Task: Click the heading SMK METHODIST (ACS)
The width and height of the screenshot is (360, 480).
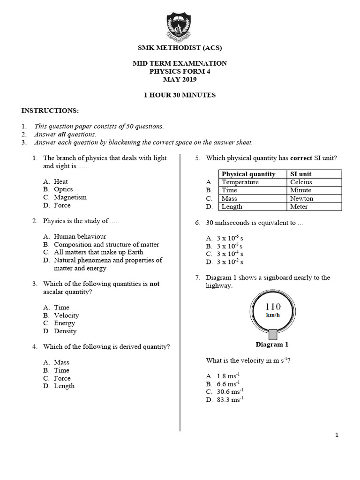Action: pos(180,48)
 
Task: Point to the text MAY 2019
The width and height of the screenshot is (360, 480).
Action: pos(180,79)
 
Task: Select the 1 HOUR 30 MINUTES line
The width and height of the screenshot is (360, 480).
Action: pos(180,95)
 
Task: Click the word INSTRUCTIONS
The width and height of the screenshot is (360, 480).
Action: pos(50,111)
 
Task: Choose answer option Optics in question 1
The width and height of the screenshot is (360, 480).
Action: pos(63,189)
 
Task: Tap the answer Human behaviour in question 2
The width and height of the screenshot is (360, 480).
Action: pos(80,237)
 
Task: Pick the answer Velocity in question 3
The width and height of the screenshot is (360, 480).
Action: pos(66,315)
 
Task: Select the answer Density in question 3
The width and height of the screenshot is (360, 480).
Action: pos(65,331)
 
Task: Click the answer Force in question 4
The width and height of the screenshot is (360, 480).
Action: pos(62,378)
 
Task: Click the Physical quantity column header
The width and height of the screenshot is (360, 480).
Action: pos(248,174)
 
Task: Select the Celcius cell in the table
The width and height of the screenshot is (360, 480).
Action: pos(301,182)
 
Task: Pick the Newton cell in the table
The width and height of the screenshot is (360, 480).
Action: pos(301,198)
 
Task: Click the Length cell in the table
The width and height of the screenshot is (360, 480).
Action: pos(232,206)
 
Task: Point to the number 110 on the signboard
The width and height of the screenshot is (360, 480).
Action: pos(273,307)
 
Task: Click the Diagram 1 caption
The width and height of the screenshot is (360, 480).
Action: pos(272,345)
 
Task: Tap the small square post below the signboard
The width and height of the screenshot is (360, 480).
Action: pos(272,334)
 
